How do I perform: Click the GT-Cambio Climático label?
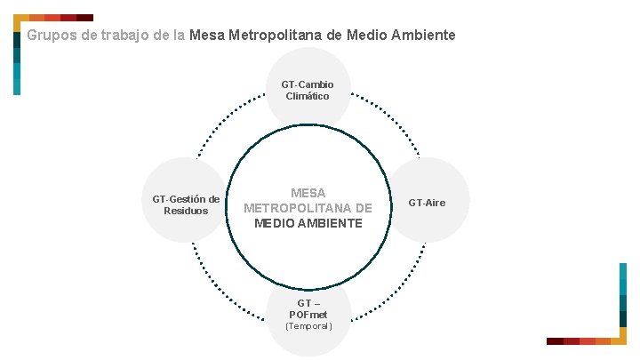pos(308,90)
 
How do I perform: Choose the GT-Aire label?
pos(427,204)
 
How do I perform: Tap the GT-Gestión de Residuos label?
pos(186,204)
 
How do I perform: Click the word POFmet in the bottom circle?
pos(308,315)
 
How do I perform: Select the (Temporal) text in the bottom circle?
pos(308,326)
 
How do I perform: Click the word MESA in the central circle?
pos(308,193)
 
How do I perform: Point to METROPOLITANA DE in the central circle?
pos(308,208)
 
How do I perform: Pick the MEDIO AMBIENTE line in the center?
pos(308,223)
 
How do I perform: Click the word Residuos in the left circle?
pos(186,211)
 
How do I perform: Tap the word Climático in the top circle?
pos(308,96)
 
